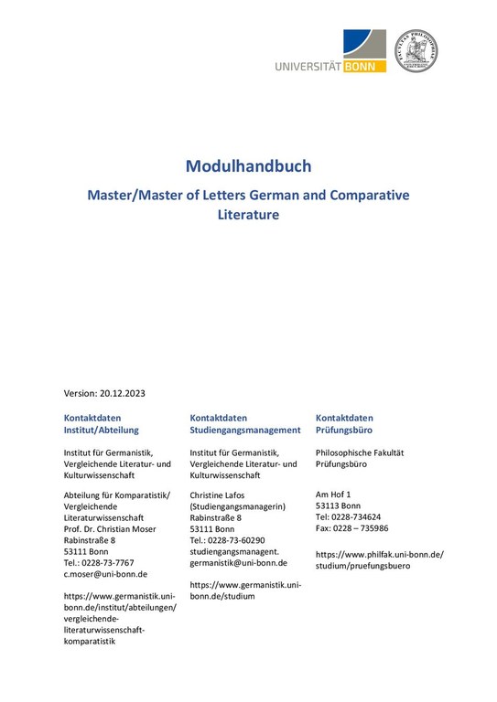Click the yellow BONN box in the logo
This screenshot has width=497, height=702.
point(364,66)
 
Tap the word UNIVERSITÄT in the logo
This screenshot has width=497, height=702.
point(308,66)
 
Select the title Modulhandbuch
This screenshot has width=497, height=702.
point(248,166)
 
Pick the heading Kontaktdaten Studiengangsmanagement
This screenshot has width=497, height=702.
point(244,423)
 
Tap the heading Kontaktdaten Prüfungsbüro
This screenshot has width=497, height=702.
point(344,423)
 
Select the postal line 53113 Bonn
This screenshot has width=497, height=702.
point(338,506)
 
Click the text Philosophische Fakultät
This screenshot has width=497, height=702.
point(359,452)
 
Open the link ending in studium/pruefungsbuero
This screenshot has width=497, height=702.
point(362,566)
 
